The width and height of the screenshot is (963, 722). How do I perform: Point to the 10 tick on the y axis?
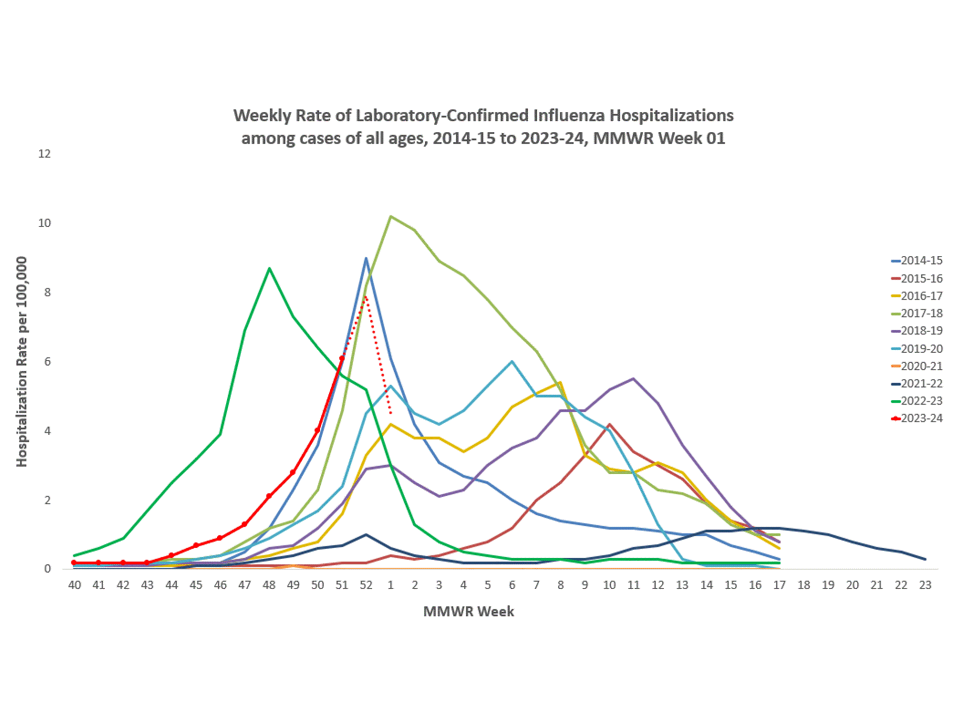point(44,223)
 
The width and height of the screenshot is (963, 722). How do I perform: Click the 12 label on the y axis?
point(44,154)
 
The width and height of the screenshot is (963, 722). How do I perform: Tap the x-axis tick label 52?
point(366,585)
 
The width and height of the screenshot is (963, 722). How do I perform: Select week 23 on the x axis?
point(925,585)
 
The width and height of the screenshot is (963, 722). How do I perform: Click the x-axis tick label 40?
point(75,585)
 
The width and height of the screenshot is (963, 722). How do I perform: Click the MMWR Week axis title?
point(468,611)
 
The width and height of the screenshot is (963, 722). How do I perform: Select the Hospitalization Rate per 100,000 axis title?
point(22,362)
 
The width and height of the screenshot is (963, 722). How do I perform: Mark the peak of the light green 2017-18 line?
point(391,216)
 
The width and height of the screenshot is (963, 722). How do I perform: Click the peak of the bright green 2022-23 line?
point(270,268)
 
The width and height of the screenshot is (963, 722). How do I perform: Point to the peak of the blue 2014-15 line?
point(366,258)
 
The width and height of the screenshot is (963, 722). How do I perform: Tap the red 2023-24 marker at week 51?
point(342,358)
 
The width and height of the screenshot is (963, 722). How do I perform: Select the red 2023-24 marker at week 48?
point(269,496)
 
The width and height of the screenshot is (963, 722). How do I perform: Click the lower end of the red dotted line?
point(391,413)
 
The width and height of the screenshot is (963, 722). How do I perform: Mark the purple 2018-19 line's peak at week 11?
point(633,379)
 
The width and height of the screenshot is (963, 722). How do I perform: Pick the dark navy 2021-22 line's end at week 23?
point(925,559)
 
